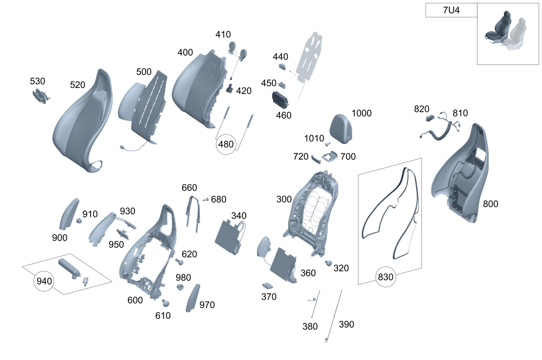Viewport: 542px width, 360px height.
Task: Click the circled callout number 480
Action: [226, 144]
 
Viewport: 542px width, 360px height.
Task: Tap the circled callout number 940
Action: [44, 281]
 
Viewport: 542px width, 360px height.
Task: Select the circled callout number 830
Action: [385, 277]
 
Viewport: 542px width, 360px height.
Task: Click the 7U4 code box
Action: [451, 10]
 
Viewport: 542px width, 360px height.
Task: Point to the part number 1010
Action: [314, 139]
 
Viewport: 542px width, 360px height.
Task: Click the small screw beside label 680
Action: [206, 199]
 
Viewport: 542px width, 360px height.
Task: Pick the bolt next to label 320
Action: [328, 263]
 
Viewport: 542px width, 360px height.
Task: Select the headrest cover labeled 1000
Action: [341, 129]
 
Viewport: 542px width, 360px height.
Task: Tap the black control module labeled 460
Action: [280, 100]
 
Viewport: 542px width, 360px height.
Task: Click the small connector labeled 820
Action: [430, 118]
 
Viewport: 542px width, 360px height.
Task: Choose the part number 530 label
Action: [38, 81]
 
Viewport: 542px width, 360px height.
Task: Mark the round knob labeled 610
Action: [166, 303]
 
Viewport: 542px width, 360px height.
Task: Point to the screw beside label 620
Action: [179, 262]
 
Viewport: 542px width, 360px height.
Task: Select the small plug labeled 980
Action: [180, 287]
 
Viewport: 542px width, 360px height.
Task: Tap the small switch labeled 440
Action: [282, 67]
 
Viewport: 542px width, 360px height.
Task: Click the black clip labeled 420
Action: [229, 88]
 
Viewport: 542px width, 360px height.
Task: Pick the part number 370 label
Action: [269, 297]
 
